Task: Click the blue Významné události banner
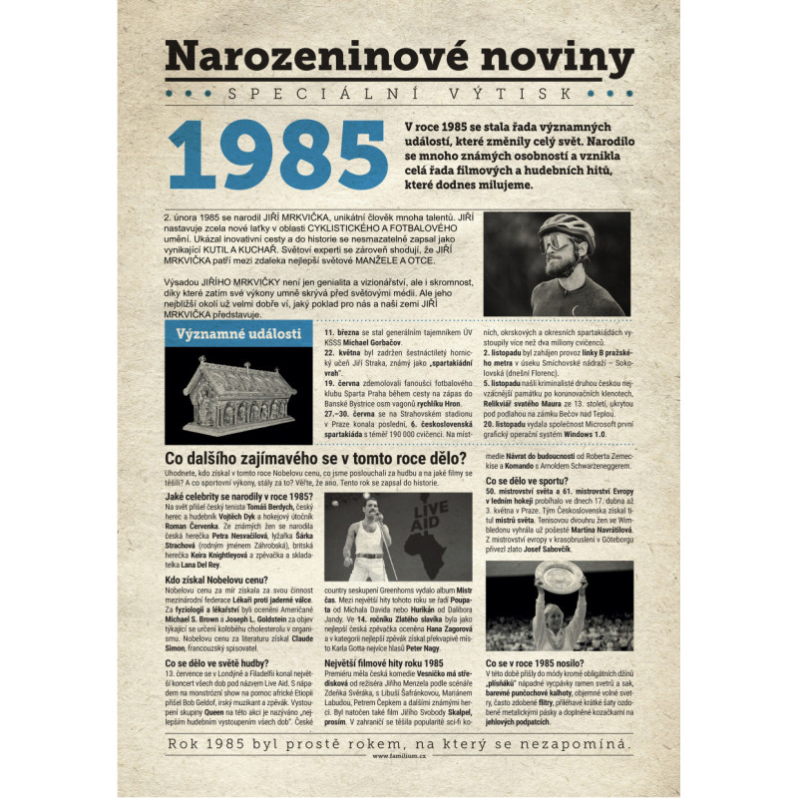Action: (x=237, y=333)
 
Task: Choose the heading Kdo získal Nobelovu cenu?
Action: (x=217, y=580)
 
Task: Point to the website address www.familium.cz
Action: (x=399, y=755)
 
